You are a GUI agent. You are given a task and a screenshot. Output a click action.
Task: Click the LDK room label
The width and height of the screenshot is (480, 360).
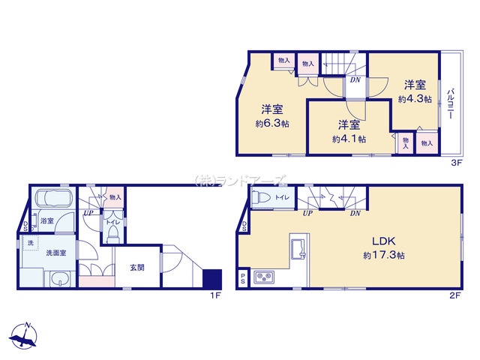[x=384, y=241]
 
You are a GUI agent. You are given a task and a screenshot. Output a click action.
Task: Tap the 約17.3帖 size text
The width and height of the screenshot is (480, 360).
[x=384, y=255]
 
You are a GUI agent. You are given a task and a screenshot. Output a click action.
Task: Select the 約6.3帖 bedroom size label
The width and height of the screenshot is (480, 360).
[x=272, y=124]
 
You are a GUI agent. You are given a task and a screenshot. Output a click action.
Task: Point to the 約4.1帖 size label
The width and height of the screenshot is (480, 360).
[x=349, y=139]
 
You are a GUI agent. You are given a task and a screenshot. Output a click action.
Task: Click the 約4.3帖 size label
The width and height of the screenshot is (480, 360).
[x=415, y=99]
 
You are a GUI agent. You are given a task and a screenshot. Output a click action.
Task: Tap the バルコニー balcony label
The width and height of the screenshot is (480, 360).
[x=450, y=103]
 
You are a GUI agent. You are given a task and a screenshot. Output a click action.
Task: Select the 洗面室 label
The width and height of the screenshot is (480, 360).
[x=56, y=253]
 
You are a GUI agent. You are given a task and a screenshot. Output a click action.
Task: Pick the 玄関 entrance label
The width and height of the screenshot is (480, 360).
[x=137, y=268]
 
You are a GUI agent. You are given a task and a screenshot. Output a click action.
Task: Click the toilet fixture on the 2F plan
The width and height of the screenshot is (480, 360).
[x=261, y=197]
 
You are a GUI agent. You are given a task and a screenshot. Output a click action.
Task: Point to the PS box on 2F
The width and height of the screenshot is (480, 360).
[x=243, y=278]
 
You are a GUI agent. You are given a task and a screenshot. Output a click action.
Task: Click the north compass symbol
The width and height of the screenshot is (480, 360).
[x=24, y=335]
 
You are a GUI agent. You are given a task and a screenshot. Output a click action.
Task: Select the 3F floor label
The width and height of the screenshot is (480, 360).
[x=456, y=163]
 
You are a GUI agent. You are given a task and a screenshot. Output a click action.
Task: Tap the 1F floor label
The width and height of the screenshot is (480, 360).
[x=215, y=295]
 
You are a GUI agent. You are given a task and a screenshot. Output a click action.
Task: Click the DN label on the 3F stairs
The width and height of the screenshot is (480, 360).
[x=355, y=80]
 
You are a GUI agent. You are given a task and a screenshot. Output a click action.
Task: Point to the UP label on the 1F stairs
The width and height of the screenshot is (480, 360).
[x=88, y=213]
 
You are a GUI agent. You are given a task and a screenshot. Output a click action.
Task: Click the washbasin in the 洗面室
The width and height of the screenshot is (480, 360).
[x=60, y=278]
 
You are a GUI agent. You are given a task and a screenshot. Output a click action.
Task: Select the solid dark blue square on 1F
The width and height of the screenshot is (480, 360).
[x=212, y=278]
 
